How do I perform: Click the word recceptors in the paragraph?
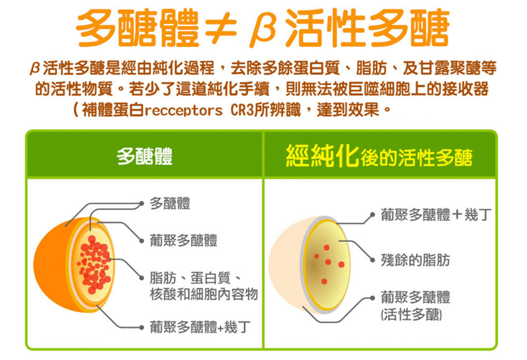coord(183,110)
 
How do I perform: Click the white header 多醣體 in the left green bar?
coord(144,156)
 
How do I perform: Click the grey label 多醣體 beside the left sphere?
coord(170,203)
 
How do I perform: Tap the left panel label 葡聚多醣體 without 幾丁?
coord(183,240)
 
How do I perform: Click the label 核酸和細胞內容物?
coord(204,294)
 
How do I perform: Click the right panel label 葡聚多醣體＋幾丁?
coord(436,215)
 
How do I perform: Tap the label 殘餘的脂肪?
coord(415,260)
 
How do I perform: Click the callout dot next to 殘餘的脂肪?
coord(372,260)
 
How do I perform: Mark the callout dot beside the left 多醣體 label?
coord(141,204)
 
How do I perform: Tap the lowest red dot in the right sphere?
coord(324,281)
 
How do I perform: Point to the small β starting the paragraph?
coord(35,68)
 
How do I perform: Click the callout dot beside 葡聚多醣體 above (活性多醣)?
coord(372,298)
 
